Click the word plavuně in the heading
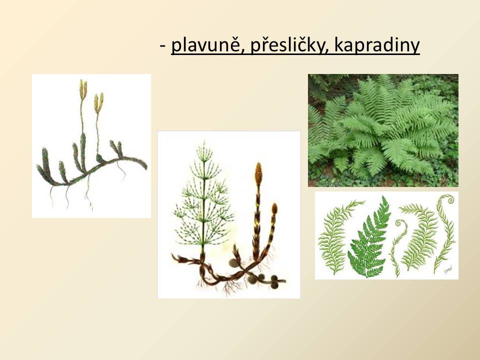point(206,45)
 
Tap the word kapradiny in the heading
point(377,45)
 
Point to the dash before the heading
point(162,46)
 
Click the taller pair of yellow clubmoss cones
point(83,89)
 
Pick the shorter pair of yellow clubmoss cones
point(98,103)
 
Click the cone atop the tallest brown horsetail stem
point(258,174)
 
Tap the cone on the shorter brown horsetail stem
point(274,209)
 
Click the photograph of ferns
point(383,130)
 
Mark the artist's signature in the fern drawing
point(448,270)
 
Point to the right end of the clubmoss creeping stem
point(146,167)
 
